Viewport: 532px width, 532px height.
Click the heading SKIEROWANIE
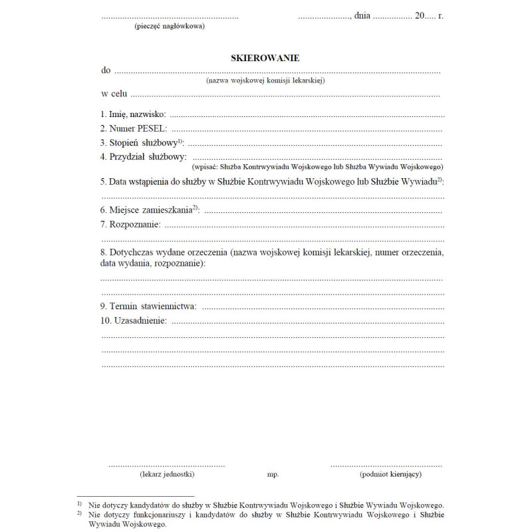point(265,58)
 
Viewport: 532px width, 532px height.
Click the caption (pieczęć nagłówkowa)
point(170,27)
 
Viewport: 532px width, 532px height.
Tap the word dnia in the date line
point(362,15)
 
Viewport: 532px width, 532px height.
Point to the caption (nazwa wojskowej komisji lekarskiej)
point(265,80)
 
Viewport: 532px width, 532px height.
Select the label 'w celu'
point(114,94)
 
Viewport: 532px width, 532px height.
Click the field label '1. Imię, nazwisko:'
point(133,115)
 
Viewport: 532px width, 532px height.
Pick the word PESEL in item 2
point(152,128)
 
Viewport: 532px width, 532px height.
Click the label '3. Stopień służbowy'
point(140,142)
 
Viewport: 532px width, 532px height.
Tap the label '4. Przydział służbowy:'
point(142,156)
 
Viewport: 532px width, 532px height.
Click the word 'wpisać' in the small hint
point(203,167)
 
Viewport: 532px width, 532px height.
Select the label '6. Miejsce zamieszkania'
point(148,209)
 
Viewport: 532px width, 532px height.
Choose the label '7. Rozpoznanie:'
point(130,224)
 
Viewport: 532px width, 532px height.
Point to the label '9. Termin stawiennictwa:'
point(148,306)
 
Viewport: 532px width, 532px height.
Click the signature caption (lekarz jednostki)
point(167,475)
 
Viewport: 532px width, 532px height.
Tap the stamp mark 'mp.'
point(273,475)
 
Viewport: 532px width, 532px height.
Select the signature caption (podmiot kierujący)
point(390,475)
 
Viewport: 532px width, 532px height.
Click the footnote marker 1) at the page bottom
point(79,505)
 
